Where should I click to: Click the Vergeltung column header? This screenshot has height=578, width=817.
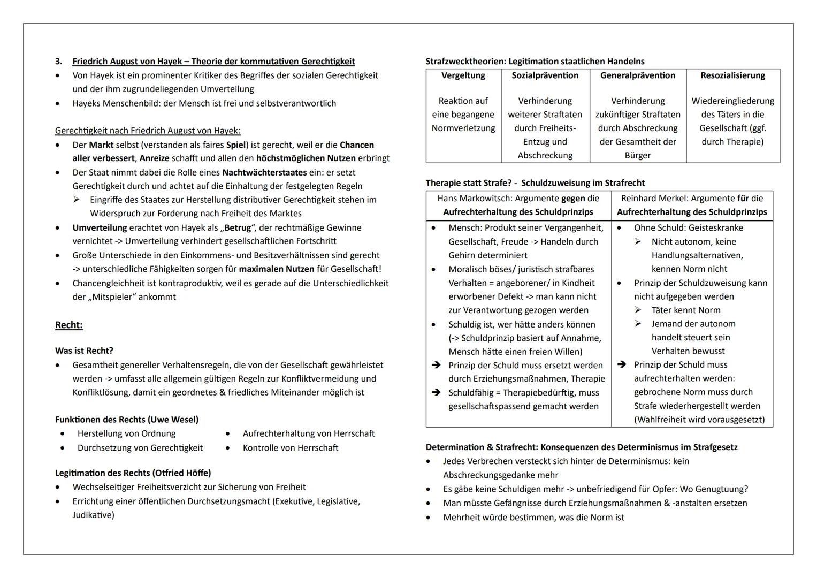click(463, 75)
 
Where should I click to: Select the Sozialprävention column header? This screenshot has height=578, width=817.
click(545, 75)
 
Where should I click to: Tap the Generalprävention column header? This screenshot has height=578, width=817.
click(637, 75)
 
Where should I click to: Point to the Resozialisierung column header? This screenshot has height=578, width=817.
click(732, 75)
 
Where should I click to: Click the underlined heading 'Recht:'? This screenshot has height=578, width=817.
click(68, 325)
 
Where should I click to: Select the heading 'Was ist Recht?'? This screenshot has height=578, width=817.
click(84, 351)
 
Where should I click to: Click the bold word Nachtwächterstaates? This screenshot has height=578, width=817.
click(264, 173)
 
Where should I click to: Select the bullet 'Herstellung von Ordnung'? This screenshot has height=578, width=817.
click(126, 433)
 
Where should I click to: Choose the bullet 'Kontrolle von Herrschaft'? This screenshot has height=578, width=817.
click(290, 448)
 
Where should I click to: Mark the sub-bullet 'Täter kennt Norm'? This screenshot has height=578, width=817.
click(685, 310)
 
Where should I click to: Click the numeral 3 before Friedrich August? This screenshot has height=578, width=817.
click(58, 62)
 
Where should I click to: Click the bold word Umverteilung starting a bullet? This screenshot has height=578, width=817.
click(100, 228)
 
